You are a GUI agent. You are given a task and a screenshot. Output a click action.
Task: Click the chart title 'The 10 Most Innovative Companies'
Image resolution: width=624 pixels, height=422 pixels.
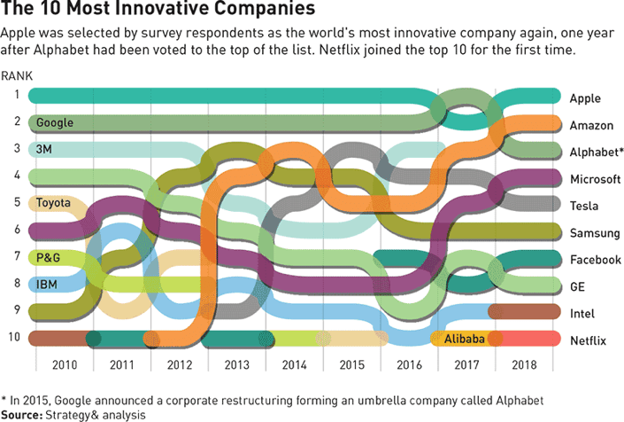[159, 12]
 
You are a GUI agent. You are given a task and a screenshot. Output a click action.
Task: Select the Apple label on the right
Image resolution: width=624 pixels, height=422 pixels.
[585, 98]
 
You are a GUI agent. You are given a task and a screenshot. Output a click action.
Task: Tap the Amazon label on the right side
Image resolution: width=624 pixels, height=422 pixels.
[591, 125]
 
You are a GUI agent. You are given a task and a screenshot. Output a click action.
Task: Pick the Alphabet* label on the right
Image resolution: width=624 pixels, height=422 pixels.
[595, 152]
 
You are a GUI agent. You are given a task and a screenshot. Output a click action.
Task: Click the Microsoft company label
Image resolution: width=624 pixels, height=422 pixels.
[595, 179]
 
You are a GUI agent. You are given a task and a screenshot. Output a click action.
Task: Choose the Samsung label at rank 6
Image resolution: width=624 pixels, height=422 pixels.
[593, 232]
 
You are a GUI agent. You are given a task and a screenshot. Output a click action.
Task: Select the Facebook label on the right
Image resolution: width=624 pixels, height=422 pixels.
[594, 260]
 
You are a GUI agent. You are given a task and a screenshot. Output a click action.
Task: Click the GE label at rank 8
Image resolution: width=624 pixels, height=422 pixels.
[579, 286]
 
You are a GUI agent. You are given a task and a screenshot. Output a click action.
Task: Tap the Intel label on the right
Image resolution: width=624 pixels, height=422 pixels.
[582, 313]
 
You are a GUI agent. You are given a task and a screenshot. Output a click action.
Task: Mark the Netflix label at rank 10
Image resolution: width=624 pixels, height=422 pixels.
[589, 340]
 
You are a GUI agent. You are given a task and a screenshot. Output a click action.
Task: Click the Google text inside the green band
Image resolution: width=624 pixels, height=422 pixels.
[55, 122]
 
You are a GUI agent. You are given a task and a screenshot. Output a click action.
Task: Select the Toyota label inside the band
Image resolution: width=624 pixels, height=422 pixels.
[53, 203]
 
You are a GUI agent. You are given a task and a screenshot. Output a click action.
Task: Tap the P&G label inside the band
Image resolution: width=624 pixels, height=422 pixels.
[49, 257]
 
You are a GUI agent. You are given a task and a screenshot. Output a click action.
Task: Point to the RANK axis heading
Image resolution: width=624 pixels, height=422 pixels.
[18, 75]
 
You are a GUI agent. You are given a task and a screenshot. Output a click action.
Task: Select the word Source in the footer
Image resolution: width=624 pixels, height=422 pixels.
[24, 413]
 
